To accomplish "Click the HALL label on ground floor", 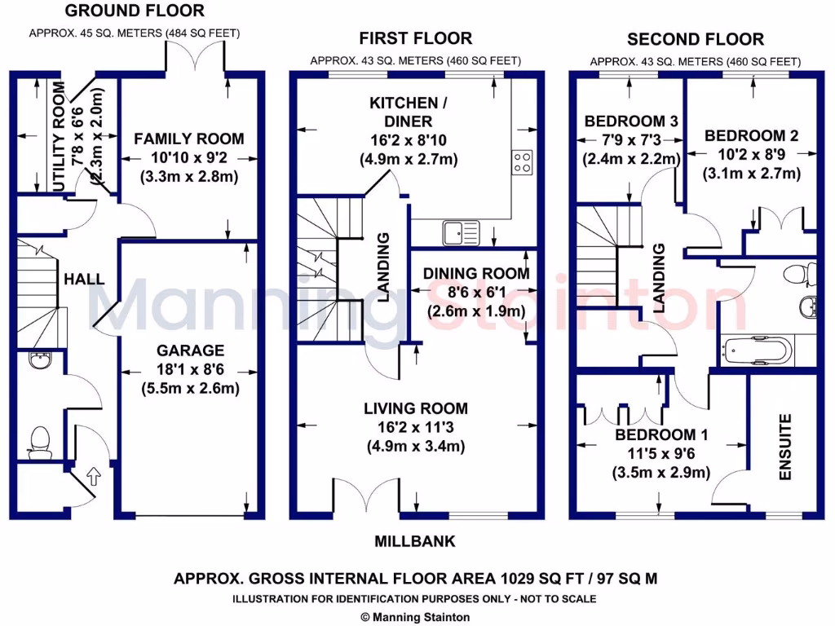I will (85, 279).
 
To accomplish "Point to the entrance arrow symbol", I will (94, 474).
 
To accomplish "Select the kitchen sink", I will (462, 233).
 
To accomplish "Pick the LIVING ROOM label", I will (416, 408).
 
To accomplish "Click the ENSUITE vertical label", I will (786, 447).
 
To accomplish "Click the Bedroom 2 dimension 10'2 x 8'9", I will (752, 155).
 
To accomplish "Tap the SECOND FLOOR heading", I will (696, 39).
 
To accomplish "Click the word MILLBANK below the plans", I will (415, 541).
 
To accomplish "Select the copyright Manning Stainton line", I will (415, 617).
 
